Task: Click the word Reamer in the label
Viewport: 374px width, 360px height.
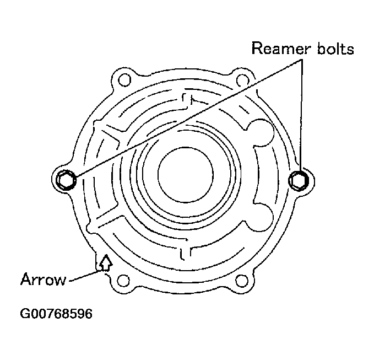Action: coord(279,48)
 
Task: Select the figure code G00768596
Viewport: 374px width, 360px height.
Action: coord(56,314)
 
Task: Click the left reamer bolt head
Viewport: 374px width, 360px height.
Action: coord(66,179)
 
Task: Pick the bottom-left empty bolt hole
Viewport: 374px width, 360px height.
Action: coord(124,281)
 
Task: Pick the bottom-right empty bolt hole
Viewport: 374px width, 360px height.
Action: coord(241,281)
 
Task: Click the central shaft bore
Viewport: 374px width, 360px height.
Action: coord(182,175)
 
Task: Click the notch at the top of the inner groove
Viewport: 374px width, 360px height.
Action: coord(187,100)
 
